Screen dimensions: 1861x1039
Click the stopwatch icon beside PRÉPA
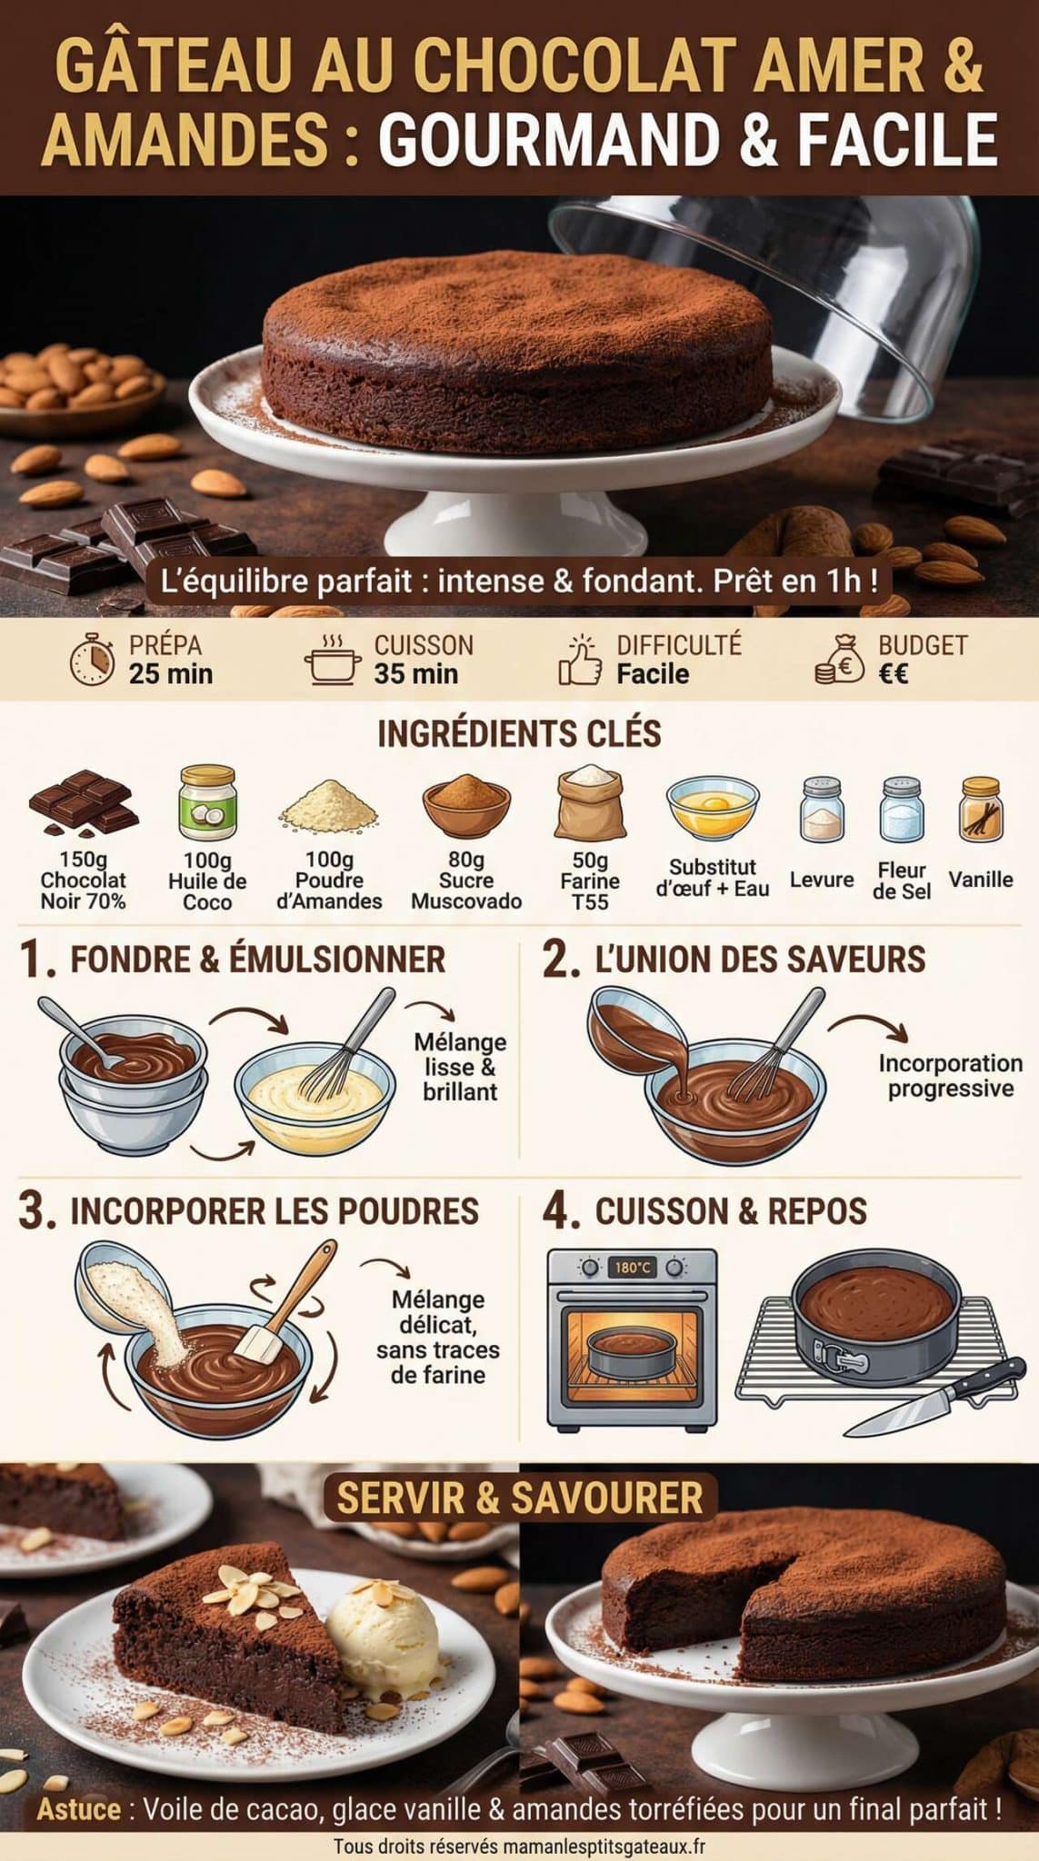[93, 661]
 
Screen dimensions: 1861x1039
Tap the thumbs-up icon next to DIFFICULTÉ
[581, 661]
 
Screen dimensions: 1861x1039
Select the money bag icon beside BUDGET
[839, 661]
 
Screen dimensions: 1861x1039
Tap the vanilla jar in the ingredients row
[980, 808]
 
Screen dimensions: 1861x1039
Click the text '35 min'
[415, 674]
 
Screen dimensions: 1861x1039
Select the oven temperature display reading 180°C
[632, 1267]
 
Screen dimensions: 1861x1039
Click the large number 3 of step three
[35, 1212]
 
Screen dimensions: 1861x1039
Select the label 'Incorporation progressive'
[950, 1076]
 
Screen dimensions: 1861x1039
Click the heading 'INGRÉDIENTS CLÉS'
[519, 734]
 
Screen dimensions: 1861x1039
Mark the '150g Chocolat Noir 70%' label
[83, 880]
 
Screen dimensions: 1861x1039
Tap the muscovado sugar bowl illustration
[465, 805]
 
